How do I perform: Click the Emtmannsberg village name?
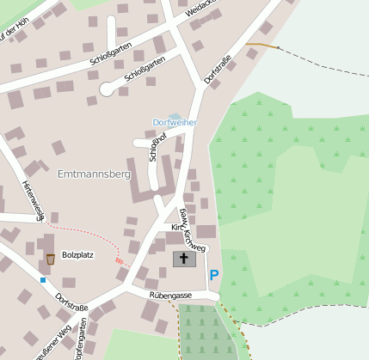click(92, 174)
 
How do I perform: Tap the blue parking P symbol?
click(214, 275)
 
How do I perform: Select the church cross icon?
click(184, 259)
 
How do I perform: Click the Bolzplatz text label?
click(77, 255)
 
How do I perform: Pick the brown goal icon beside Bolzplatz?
click(51, 259)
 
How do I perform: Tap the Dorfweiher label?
click(175, 123)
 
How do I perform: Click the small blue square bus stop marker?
click(42, 279)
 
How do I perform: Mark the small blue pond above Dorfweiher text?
click(175, 115)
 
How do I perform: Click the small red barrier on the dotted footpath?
click(120, 260)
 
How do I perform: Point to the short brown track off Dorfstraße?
click(261, 44)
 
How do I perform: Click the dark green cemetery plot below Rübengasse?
click(206, 331)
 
